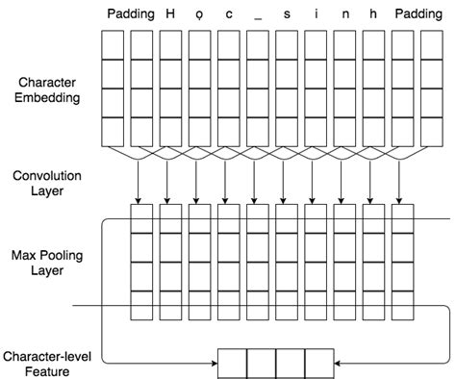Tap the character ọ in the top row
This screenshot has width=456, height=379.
[x=199, y=14]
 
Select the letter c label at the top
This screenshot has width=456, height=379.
[x=228, y=14]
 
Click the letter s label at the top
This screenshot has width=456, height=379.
[x=287, y=14]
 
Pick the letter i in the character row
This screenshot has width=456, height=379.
[x=316, y=13]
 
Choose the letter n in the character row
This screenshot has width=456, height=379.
[x=344, y=14]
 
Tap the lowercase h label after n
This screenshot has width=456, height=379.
[x=373, y=13]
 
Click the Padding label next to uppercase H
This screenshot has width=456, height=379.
[x=128, y=13]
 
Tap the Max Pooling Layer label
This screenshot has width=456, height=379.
[x=43, y=263]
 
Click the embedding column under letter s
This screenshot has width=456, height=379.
[x=287, y=88]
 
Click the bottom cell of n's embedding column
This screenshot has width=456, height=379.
[x=344, y=131]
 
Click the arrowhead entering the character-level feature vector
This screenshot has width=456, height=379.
[x=213, y=364]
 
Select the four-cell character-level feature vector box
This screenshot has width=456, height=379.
[x=276, y=364]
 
